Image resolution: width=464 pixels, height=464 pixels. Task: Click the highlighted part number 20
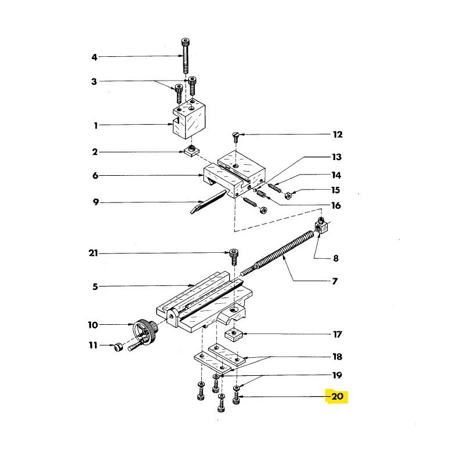[x=338, y=397]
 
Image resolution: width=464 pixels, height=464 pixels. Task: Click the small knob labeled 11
[x=117, y=347]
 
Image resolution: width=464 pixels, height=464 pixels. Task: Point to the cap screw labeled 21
[x=233, y=254]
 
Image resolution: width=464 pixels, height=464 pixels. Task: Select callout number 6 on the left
[x=95, y=175]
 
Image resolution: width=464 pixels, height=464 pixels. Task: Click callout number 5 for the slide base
[x=95, y=286]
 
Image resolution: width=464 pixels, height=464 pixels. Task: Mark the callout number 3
[x=94, y=82]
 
